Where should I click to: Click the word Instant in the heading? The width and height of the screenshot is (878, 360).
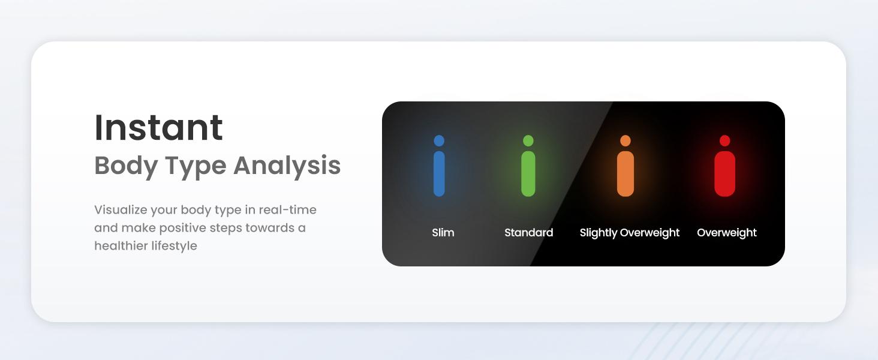159,127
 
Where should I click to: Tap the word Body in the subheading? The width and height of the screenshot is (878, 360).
126,166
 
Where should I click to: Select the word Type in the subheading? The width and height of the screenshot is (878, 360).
195,166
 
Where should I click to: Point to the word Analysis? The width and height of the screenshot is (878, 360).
287,166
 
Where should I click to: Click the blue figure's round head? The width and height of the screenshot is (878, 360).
439,140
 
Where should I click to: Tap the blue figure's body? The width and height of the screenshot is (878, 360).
439,174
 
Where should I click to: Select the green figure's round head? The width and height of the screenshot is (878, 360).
528,140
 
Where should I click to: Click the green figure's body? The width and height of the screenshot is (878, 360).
528,174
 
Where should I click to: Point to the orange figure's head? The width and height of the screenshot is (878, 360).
626,140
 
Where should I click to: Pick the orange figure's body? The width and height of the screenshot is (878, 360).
626,174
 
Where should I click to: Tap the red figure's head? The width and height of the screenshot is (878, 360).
724,140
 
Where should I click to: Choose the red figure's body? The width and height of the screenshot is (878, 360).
724,174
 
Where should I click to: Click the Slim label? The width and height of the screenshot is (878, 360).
443,233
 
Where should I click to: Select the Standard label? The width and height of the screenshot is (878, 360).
529,233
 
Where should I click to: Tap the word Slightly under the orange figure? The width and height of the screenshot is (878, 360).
599,233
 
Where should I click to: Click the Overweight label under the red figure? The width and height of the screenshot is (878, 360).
727,233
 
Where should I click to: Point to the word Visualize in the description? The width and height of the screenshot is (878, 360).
121,210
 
